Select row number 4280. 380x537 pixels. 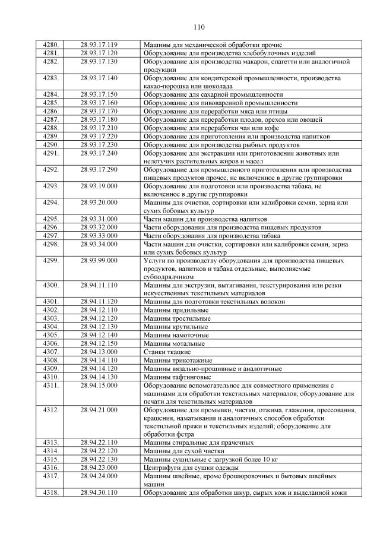[x=52, y=45]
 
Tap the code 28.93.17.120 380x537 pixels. [x=99, y=53]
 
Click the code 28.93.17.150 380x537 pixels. [x=99, y=94]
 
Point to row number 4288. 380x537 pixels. [x=52, y=128]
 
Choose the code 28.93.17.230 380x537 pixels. [x=99, y=144]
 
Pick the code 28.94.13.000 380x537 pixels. [x=99, y=352]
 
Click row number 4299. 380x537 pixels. [x=52, y=260]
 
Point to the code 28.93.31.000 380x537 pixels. [x=99, y=219]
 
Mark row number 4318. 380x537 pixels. [x=52, y=492]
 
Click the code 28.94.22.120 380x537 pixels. [x=99, y=451]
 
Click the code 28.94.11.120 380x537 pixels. [x=99, y=302]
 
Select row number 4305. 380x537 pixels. [x=52, y=335]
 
